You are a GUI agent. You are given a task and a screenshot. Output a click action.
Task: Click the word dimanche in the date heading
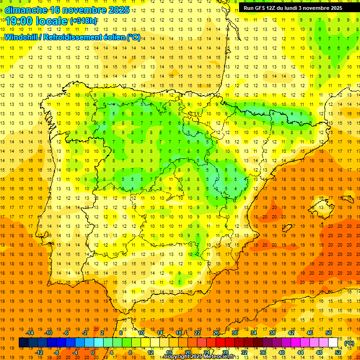point(26,10)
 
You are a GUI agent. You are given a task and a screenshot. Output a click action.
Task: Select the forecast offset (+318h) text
point(83,21)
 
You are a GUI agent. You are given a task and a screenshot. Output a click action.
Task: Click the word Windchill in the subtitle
point(21,37)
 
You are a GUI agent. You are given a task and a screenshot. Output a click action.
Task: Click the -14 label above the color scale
point(30,333)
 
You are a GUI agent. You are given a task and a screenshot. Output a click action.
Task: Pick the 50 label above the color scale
point(328,333)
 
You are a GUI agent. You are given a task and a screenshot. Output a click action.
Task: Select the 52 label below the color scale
point(338,352)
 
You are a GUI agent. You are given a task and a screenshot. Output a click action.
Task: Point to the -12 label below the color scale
point(39,352)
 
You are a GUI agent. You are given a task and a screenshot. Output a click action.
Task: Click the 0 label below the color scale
point(93,352)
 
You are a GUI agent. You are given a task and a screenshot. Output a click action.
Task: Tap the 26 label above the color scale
point(216,333)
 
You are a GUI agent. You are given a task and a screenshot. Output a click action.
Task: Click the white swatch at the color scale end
point(333,343)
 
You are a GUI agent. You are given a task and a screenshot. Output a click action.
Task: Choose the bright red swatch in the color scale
point(221,343)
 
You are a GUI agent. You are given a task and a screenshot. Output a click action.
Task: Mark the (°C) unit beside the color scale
point(349,343)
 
